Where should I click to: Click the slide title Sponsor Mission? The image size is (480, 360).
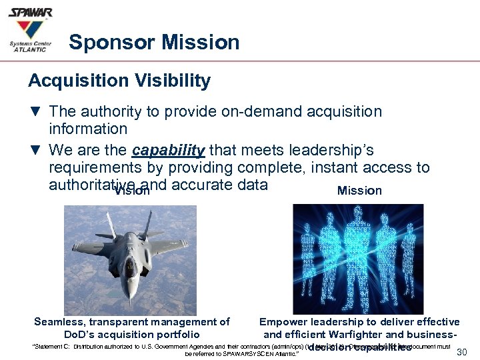click(154, 43)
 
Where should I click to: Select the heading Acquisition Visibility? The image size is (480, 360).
click(119, 81)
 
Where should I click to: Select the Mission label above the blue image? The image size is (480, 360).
click(359, 191)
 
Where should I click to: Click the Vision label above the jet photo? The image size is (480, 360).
click(132, 191)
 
